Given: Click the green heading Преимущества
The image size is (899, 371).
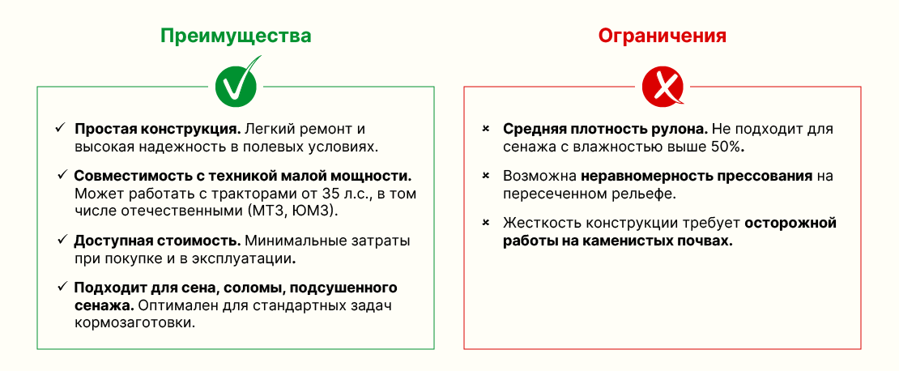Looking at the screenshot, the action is [x=236, y=36].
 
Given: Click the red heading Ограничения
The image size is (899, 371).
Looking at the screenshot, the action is [x=663, y=36].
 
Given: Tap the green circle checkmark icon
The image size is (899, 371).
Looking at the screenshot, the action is [x=236, y=83].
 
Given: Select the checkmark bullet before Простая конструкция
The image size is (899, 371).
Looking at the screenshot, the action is [x=60, y=128].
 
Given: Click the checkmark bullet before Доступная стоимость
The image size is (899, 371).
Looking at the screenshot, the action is [x=62, y=238].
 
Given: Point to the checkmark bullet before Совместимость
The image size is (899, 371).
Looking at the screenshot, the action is [x=62, y=174].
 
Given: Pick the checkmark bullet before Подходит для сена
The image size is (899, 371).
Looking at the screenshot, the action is [x=62, y=286].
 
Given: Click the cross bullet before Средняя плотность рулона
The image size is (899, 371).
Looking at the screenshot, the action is [x=486, y=129].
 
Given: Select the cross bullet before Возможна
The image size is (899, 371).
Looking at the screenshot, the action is [x=486, y=175].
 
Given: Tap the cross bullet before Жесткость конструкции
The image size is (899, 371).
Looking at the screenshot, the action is [x=486, y=223].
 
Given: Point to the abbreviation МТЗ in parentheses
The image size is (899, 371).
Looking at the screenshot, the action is [x=266, y=211].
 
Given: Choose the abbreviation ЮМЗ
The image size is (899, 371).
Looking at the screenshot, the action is [x=313, y=211].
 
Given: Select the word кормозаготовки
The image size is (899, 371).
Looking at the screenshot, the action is [x=134, y=323].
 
